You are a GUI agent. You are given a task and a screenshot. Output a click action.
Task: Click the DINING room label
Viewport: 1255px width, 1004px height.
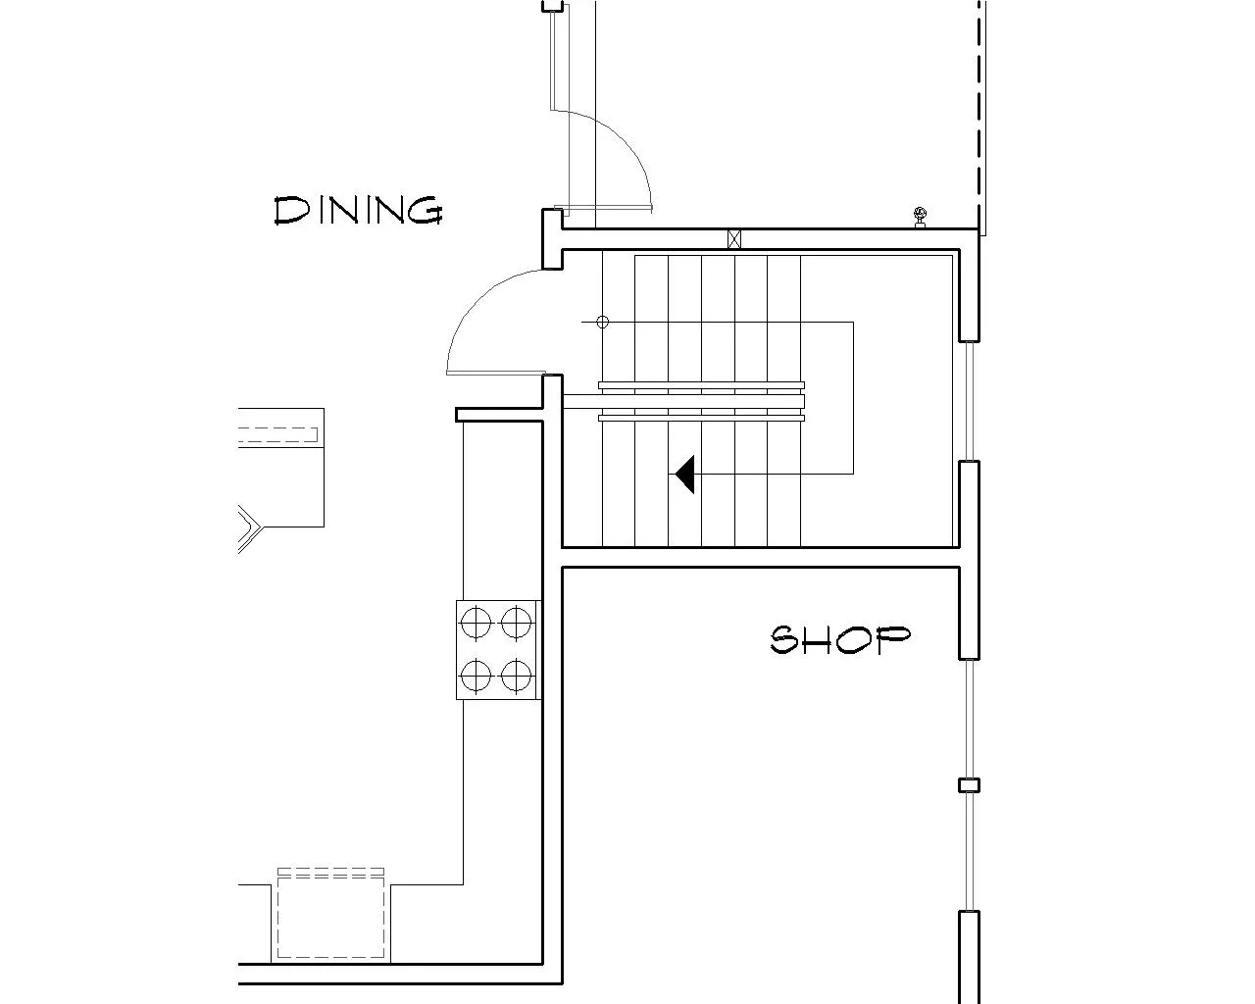(358, 210)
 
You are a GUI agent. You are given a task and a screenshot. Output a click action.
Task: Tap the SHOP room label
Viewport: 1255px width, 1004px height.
(840, 639)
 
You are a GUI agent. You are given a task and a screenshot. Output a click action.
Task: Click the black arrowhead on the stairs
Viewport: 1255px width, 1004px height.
(684, 475)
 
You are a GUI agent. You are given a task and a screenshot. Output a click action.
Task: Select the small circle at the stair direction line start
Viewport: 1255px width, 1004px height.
(602, 322)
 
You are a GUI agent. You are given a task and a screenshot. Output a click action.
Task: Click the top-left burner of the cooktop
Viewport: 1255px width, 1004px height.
(476, 623)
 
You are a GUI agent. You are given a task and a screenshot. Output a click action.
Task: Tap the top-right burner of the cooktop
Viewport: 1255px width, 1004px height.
(516, 623)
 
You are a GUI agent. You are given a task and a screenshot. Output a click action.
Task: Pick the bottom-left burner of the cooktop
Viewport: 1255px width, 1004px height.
(476, 677)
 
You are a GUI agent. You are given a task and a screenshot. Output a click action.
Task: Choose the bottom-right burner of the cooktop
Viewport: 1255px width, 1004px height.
(516, 677)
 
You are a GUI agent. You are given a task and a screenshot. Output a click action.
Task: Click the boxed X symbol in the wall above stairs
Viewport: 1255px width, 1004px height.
(734, 239)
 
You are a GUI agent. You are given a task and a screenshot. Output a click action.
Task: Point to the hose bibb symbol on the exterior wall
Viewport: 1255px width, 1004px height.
(921, 217)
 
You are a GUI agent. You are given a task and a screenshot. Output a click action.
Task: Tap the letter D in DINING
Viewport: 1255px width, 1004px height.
(290, 211)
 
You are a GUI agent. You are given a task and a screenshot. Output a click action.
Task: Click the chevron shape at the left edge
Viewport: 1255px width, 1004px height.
(250, 527)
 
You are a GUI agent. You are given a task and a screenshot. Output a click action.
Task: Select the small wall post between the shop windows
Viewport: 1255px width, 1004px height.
(969, 785)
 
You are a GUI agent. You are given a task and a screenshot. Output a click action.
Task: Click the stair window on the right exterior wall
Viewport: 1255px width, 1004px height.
(970, 401)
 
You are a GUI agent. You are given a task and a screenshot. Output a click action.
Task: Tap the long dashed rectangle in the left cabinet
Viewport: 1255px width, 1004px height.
(277, 434)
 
